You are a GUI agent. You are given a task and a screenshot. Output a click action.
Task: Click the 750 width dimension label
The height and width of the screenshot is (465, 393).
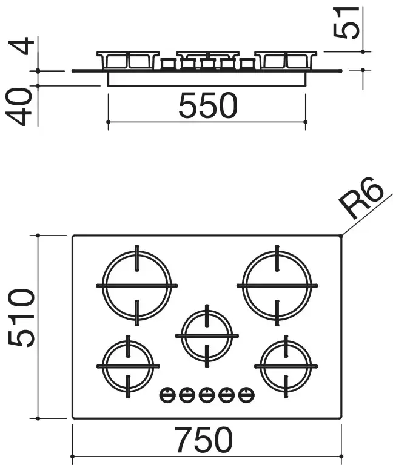click(x=204, y=440)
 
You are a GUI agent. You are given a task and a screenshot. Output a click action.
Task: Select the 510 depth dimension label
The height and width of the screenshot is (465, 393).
click(x=21, y=318)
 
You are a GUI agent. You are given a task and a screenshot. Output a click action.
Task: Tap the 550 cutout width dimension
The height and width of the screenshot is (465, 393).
click(x=208, y=105)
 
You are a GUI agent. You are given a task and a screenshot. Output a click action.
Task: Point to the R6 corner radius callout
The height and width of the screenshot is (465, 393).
click(x=361, y=197)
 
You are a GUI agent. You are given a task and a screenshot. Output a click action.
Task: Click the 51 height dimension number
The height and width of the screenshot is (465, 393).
click(x=346, y=22)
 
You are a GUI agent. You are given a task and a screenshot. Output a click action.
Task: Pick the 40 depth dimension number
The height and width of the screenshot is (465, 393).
click(x=19, y=107)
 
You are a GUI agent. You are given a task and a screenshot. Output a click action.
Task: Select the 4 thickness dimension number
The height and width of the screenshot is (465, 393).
click(x=22, y=45)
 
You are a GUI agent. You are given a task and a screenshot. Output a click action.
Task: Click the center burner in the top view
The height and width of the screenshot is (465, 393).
click(x=207, y=335)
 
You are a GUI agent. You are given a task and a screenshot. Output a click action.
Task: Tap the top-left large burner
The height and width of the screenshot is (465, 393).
click(x=137, y=286)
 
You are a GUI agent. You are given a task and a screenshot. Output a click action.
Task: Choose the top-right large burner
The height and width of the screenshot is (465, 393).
click(x=277, y=286)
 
